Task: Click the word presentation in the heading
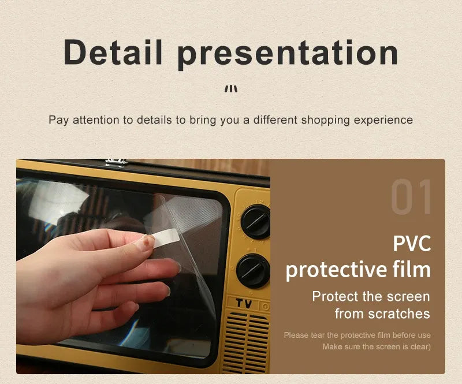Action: tap(288, 53)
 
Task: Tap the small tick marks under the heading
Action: tap(231, 88)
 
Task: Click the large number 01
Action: tap(411, 198)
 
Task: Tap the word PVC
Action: tap(412, 243)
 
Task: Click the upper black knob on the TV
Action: tap(255, 221)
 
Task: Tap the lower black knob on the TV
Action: tap(253, 270)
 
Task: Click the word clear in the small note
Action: tap(419, 346)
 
